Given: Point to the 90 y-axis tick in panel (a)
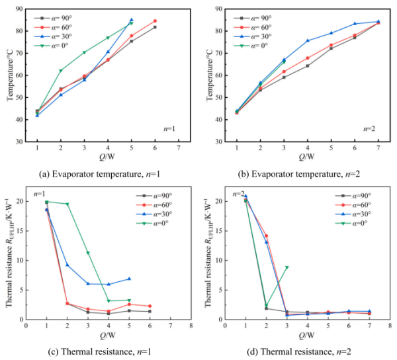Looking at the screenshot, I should click(20, 9).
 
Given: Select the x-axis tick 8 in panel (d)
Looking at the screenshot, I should click(386, 326).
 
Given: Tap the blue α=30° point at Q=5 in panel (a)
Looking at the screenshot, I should click(131, 20).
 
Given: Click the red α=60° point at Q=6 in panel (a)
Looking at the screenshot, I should click(155, 21).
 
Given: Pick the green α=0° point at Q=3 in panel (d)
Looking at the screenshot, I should click(287, 267).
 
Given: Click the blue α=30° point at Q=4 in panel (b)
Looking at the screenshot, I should click(307, 40).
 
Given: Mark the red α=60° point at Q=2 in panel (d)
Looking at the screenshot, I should click(266, 236).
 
